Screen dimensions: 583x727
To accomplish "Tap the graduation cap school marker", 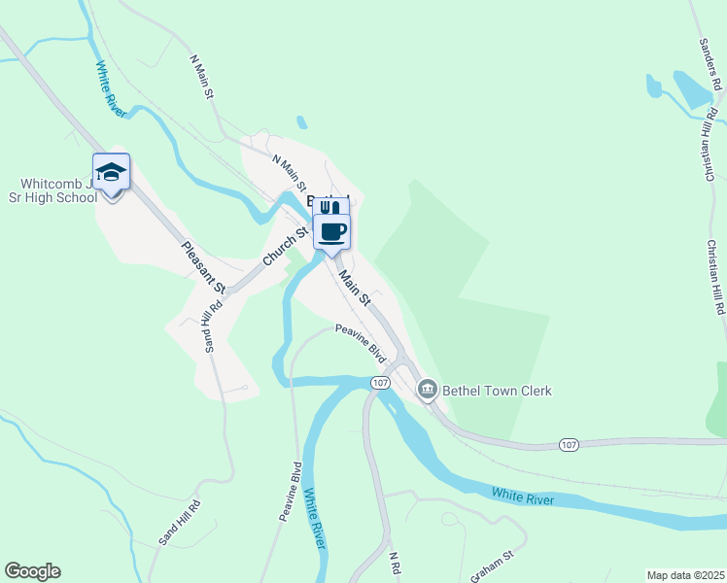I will pos(111,173).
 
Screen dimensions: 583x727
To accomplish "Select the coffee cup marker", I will pos(331,231).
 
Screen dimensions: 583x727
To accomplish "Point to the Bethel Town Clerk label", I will pos(498,391).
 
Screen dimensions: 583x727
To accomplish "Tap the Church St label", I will pos(284,247).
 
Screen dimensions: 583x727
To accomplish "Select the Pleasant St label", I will pos(203,267).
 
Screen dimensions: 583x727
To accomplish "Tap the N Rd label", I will pos(395,565).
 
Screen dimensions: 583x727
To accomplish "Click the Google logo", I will pos(32,571).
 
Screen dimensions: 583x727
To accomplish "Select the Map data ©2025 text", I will pos(685,575).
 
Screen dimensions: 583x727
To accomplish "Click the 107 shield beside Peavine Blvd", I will pos(379,384).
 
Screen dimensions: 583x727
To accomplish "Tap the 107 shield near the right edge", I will pos(571,444).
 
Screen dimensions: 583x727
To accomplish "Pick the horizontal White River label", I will pos(523,498).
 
